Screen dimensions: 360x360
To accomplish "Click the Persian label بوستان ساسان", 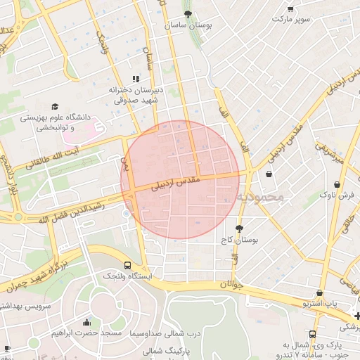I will pyautogui.click(x=188, y=25).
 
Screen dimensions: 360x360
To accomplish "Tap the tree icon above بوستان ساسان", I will pyautogui.click(x=188, y=13).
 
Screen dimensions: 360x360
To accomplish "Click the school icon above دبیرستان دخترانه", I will pyautogui.click(x=136, y=79).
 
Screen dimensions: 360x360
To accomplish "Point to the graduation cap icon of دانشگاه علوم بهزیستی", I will pyautogui.click(x=55, y=106).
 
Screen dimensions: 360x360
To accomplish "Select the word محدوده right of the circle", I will pyautogui.click(x=260, y=197).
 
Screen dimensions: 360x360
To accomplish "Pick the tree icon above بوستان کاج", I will pyautogui.click(x=240, y=229).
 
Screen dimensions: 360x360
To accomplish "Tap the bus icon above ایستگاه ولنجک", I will pyautogui.click(x=127, y=265).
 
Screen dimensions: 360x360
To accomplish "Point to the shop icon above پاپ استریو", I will pyautogui.click(x=320, y=292).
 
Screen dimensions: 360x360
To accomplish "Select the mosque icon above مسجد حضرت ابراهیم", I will pyautogui.click(x=86, y=322).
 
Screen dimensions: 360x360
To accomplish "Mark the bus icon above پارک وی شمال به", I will pyautogui.click(x=312, y=334).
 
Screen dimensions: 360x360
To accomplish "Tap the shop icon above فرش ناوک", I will pyautogui.click(x=338, y=184).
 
